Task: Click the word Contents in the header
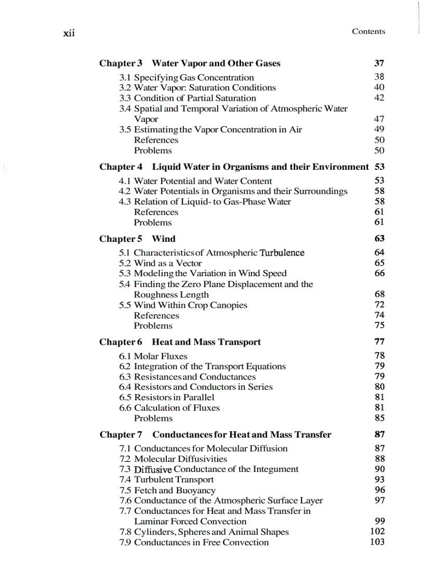coord(368,31)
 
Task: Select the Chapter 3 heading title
coord(216,63)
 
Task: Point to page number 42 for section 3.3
coord(379,98)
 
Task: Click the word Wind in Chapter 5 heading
coord(164,239)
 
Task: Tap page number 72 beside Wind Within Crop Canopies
coord(379,305)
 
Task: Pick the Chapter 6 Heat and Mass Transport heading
coord(180,342)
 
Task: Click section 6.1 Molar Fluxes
coord(153,356)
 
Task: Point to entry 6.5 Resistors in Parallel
coord(166,398)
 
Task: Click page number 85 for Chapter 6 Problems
coord(379,418)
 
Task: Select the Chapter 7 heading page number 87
coord(379,435)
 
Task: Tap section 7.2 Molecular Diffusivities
coord(173,459)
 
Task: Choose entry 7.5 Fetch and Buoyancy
coord(167,491)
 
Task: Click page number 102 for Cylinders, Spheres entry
coord(377,532)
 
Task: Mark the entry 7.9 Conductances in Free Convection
coord(194,543)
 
